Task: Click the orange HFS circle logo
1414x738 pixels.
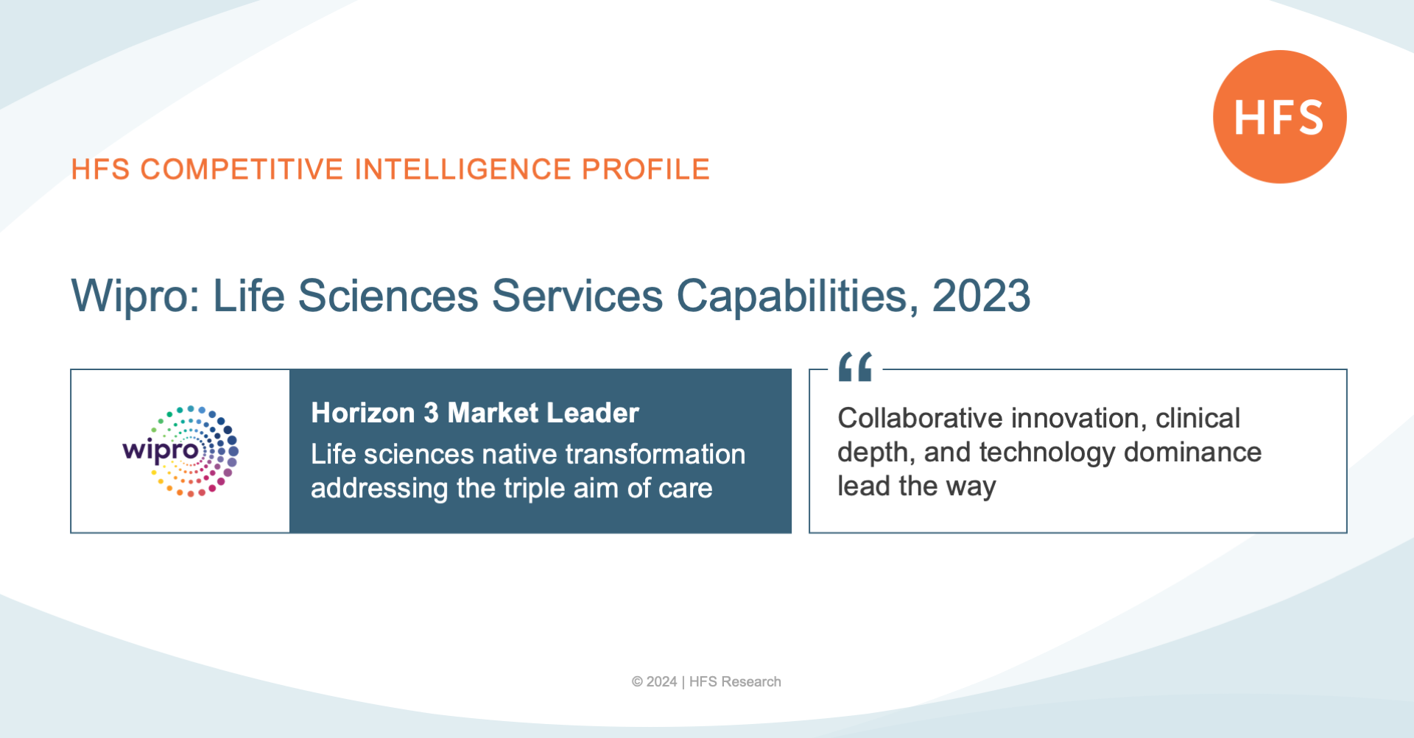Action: pos(1280,117)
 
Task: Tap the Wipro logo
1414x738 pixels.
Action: pos(180,451)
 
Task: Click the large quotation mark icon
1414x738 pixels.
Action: pos(855,366)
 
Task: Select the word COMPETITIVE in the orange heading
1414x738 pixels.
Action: pos(242,169)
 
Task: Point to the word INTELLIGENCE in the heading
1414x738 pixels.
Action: pos(463,169)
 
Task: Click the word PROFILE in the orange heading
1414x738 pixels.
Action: pos(646,169)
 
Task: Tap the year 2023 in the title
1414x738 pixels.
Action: pos(981,296)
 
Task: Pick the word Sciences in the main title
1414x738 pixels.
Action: pos(388,296)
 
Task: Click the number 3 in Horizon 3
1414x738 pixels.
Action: pos(431,413)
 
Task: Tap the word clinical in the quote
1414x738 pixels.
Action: pos(1198,418)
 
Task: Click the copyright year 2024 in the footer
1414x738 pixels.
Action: pos(661,682)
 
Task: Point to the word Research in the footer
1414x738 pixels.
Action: pos(751,682)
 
